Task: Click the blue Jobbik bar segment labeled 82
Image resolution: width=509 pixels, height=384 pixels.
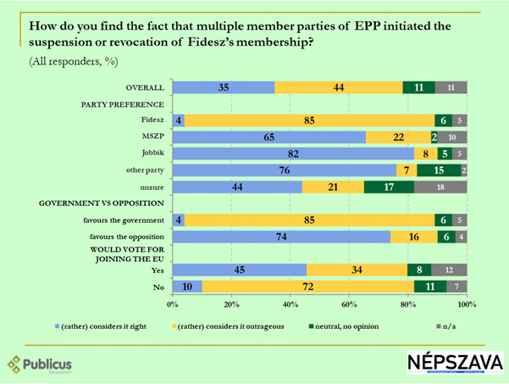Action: (x=293, y=154)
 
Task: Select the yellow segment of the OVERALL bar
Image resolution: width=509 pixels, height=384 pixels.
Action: (x=339, y=87)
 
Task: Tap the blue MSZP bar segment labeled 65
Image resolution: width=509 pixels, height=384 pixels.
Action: (x=268, y=137)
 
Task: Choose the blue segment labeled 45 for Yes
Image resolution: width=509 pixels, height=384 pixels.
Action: (x=239, y=270)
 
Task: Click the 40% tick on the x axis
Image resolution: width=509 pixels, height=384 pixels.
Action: (x=290, y=303)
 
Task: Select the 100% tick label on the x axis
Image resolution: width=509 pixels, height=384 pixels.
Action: (x=465, y=303)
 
